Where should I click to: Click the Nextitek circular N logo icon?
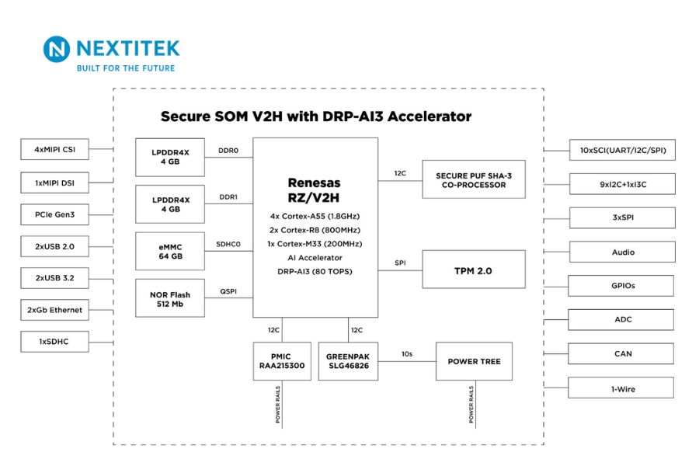tap(57, 50)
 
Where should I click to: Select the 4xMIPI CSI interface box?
tap(54, 149)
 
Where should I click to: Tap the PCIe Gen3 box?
tap(54, 214)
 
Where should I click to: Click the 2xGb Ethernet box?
tap(54, 310)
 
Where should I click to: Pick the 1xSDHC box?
tap(54, 342)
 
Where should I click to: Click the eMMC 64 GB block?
tap(170, 251)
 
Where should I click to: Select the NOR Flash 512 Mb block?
tap(170, 299)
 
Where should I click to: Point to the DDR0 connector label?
tap(228, 150)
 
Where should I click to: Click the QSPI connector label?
tap(228, 291)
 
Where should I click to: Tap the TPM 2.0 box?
tap(473, 271)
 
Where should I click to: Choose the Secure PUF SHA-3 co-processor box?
tap(473, 180)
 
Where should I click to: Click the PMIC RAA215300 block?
tap(281, 361)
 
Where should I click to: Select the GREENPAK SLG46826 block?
tap(348, 361)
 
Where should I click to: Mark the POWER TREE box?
tap(474, 361)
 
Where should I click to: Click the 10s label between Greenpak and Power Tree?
tap(407, 353)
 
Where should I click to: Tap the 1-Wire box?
tap(622, 388)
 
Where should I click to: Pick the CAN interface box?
tap(622, 353)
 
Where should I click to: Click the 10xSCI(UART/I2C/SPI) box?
tap(622, 150)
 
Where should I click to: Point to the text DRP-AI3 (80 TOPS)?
tap(315, 272)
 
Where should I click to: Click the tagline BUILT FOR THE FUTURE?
tap(125, 68)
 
